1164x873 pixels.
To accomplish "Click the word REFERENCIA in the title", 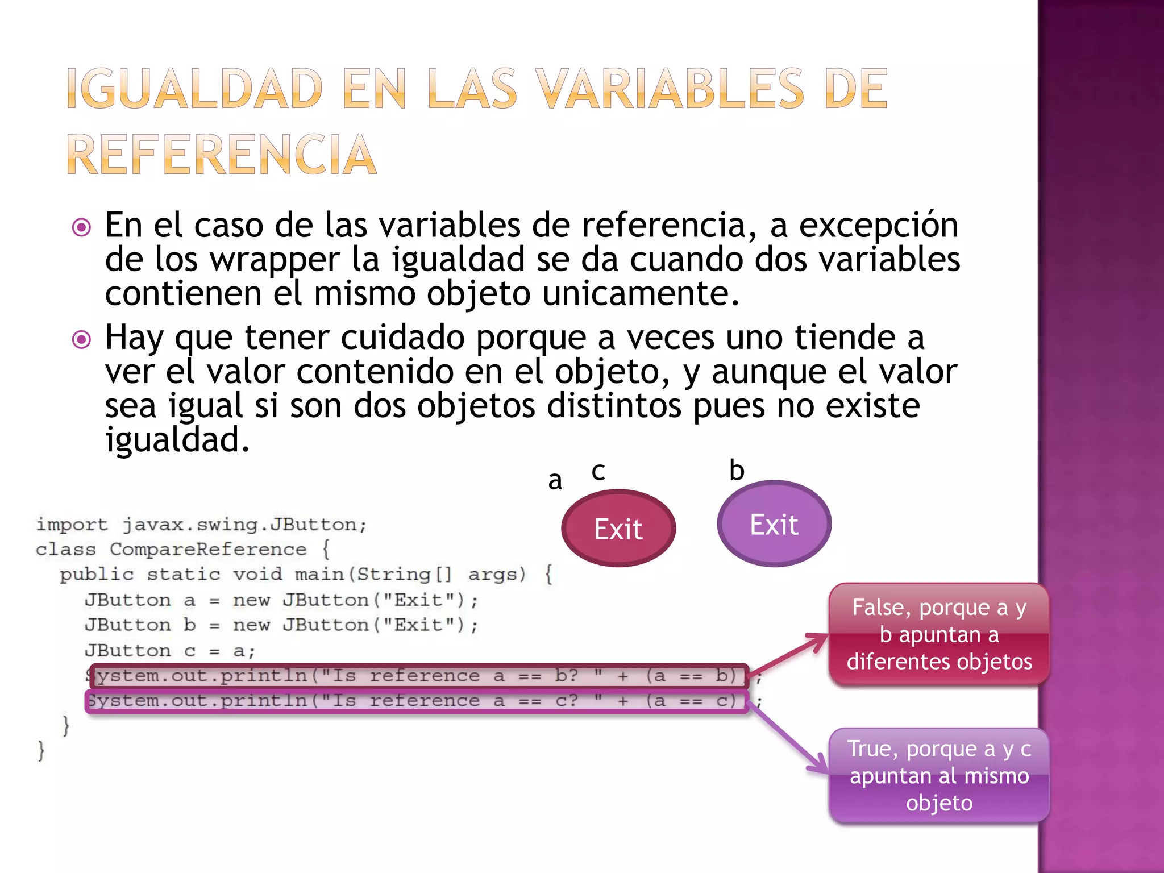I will [x=222, y=155].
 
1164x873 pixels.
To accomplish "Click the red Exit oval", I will [x=618, y=529].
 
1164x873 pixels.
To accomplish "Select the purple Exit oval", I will [x=774, y=524].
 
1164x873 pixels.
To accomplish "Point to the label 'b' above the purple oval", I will [x=737, y=471].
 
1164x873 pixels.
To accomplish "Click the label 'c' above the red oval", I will [x=598, y=471].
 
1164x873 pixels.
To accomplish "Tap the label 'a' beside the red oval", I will [x=555, y=481].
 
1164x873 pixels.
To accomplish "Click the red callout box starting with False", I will [x=939, y=634].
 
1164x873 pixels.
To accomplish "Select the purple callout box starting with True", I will [x=939, y=775].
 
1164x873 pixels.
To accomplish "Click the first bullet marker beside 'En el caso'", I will [x=82, y=228].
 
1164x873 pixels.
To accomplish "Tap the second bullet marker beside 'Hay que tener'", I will [x=82, y=340].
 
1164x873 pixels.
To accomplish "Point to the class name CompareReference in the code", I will [x=208, y=550].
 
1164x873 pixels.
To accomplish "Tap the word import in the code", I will [x=72, y=525].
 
